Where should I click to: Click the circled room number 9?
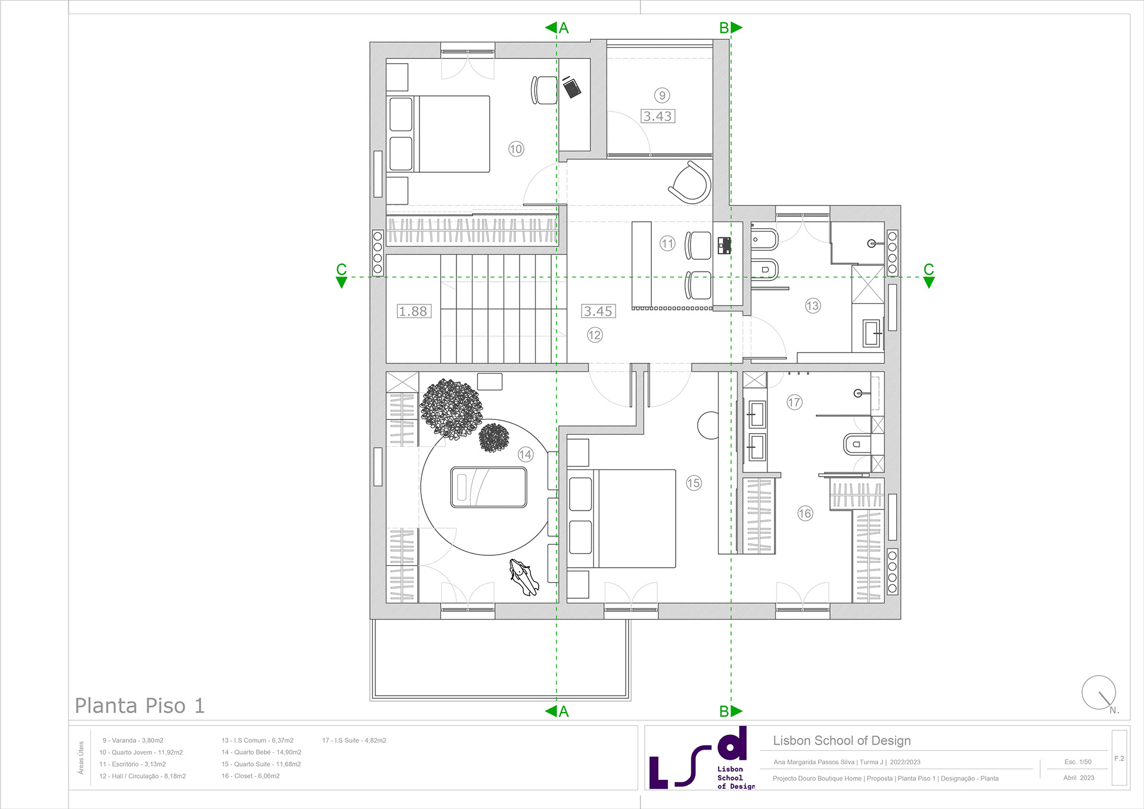(662, 95)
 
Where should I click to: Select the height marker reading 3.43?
(658, 116)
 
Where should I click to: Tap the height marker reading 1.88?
(414, 311)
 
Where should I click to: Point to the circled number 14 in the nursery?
(525, 455)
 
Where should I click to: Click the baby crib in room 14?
(489, 487)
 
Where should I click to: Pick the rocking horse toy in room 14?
(524, 577)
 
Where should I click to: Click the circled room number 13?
(813, 306)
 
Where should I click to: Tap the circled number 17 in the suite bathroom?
(794, 402)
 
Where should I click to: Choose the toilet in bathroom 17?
(856, 444)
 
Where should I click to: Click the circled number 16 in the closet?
(805, 513)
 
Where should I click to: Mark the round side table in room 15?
(708, 425)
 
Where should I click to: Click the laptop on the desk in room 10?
(572, 88)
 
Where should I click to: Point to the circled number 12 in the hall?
(595, 335)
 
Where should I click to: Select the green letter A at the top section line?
(564, 28)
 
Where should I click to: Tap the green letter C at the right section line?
(928, 269)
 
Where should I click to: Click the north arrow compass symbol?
(1098, 692)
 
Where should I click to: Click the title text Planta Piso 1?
(139, 706)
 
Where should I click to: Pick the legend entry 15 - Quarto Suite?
(261, 764)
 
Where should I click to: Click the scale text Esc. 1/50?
(1078, 762)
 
